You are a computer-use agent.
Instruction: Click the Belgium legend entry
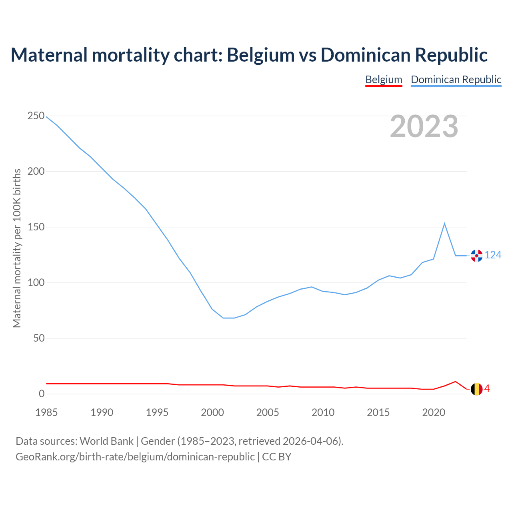coord(384,80)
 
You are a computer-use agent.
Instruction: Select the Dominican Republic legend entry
coord(456,80)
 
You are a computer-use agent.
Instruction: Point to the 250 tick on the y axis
coord(36,116)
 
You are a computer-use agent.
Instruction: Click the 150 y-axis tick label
coord(36,227)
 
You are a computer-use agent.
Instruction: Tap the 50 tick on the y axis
coord(39,338)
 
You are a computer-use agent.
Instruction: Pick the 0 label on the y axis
coord(42,394)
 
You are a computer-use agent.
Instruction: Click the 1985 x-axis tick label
coord(46,412)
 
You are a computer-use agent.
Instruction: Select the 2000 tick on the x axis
coord(212,412)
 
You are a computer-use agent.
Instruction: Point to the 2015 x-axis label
coord(378,412)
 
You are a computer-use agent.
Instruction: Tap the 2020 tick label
coord(434,412)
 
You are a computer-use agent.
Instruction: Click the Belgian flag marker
coord(476,389)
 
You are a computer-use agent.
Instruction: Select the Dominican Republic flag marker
coord(476,256)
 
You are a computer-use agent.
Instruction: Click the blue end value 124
coord(493,255)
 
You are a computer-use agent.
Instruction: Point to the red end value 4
coord(487,389)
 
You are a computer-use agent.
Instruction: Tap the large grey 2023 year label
coord(424,127)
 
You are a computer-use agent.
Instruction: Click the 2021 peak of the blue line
coord(444,224)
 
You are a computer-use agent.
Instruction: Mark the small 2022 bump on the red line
coord(456,382)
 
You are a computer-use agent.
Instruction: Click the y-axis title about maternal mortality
coord(17,248)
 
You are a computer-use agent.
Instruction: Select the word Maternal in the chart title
coord(49,55)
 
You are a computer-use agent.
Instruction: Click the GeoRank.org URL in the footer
coord(135,457)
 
